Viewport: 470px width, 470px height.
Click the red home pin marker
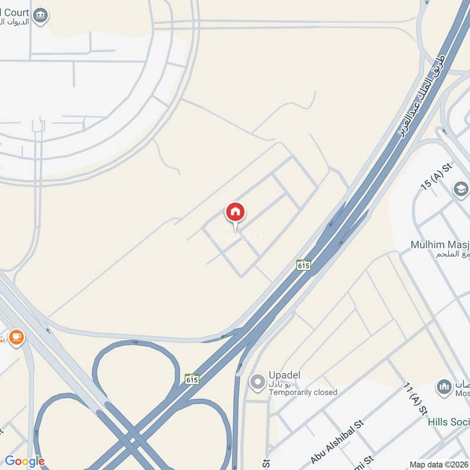(x=236, y=212)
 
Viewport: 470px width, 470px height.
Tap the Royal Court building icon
(x=40, y=16)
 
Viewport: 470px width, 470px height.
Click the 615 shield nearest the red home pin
(x=304, y=265)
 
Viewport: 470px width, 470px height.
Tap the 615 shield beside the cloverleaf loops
(x=192, y=379)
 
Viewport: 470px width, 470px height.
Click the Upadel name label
(x=285, y=375)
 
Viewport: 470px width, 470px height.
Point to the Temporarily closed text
(x=303, y=392)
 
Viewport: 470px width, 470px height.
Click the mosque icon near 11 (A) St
(x=444, y=388)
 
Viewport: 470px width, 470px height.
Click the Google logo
(x=25, y=461)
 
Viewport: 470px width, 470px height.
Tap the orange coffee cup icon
(x=16, y=337)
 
